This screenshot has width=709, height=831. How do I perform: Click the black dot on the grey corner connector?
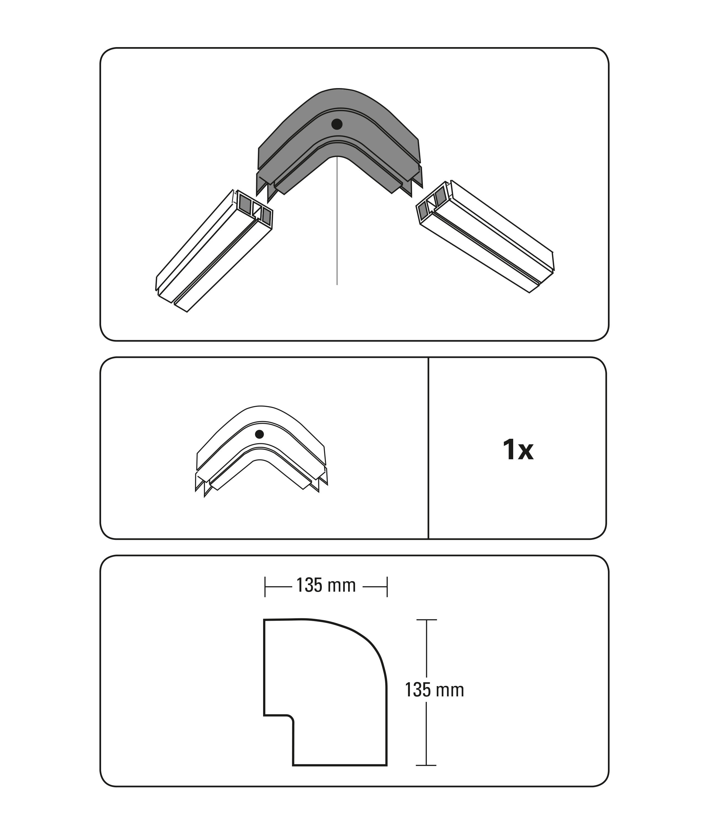(x=337, y=124)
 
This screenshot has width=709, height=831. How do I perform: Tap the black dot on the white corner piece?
(x=260, y=434)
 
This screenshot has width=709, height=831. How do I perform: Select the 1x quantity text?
(x=518, y=450)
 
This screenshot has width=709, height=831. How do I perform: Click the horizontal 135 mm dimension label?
(x=326, y=586)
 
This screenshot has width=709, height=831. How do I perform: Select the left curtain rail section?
(x=214, y=251)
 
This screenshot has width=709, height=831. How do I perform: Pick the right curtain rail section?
(x=486, y=237)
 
